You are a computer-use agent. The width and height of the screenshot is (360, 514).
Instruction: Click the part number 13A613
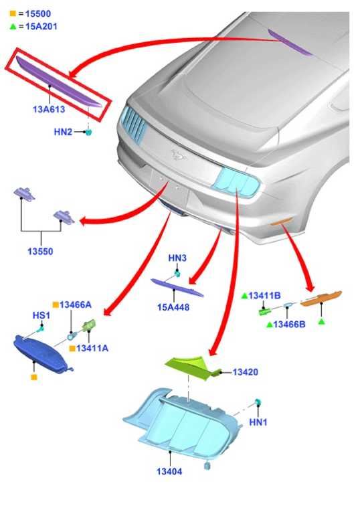coord(49,109)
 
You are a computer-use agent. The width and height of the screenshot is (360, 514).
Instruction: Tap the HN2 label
coord(63,132)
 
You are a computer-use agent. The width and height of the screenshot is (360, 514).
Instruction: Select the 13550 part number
coord(40,252)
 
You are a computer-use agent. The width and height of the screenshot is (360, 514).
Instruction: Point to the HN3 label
coord(177,258)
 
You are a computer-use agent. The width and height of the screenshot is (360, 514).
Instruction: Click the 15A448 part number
coord(173,307)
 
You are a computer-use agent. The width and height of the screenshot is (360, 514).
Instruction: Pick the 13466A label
coord(76,305)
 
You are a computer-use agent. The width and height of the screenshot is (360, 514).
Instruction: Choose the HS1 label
coord(41,315)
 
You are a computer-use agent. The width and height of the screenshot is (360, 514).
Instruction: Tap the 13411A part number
coord(92,348)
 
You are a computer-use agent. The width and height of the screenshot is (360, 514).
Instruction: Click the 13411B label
coord(264,296)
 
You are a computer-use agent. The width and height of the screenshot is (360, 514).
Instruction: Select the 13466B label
coord(289,325)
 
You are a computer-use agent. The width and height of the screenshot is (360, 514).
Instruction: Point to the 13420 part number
coord(246,372)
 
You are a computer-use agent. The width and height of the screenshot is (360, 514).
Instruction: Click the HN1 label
coord(258,422)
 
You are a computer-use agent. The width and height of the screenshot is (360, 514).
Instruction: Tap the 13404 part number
coord(169,471)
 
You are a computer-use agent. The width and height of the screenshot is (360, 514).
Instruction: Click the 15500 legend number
coord(38,14)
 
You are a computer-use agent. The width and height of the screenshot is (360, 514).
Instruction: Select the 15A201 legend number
coord(41,26)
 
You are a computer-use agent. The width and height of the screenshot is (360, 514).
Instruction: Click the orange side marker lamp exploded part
coord(321,298)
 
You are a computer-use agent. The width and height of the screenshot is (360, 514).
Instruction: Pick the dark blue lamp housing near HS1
coord(41,354)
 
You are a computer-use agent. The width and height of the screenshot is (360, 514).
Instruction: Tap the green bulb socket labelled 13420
coord(192,367)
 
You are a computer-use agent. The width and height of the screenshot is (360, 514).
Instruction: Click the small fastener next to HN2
coord(88,132)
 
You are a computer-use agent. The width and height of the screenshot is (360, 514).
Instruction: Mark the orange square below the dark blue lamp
coord(33,377)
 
